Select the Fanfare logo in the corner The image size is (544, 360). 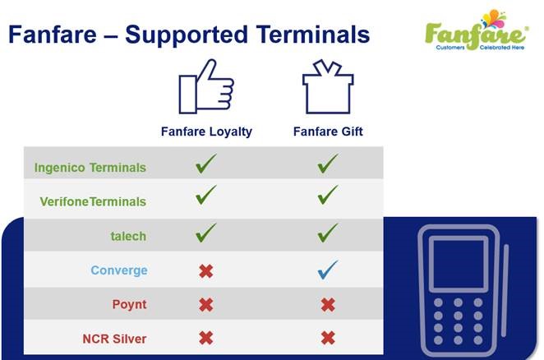click(x=477, y=30)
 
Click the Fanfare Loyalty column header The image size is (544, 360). click(x=206, y=132)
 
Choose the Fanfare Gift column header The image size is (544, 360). click(x=328, y=132)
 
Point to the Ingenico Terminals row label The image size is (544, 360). click(x=90, y=168)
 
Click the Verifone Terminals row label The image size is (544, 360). click(x=93, y=201)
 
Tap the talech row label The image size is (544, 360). click(x=128, y=236)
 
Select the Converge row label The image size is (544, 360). click(x=119, y=270)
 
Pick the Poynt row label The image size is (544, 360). click(x=129, y=304)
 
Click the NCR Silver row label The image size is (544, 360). click(x=114, y=339)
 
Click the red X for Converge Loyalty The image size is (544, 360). click(x=206, y=271)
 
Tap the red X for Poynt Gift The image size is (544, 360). click(x=328, y=305)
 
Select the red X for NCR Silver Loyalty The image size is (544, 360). click(x=206, y=338)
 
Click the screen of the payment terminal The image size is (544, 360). click(x=459, y=264)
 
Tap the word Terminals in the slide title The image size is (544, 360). click(x=314, y=35)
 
